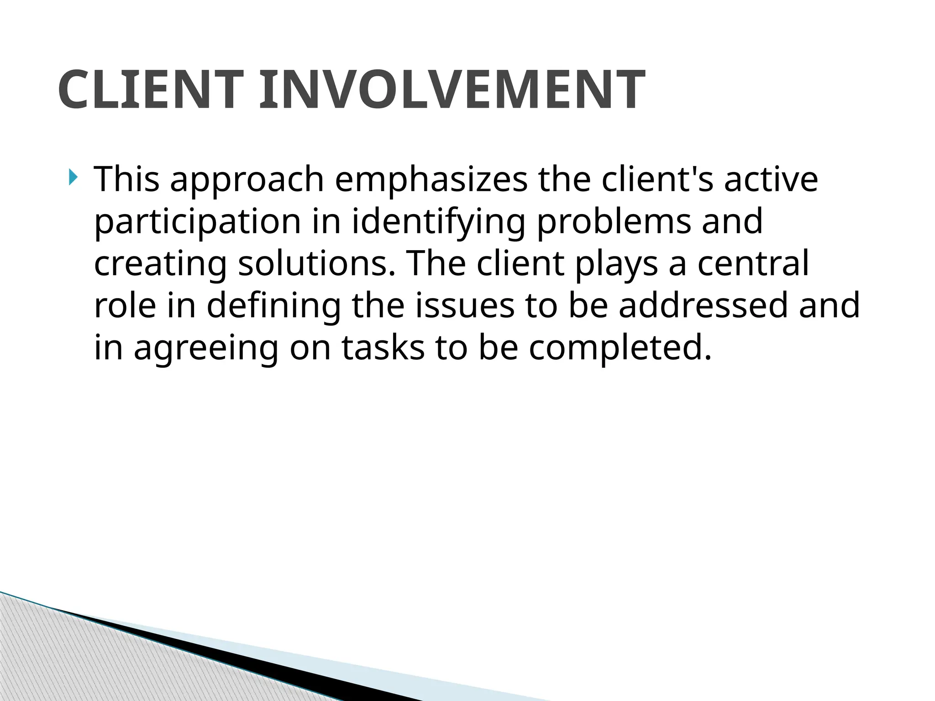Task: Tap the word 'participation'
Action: click(x=197, y=222)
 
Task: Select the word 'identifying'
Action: click(x=438, y=222)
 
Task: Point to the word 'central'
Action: click(x=753, y=264)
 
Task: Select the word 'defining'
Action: click(x=273, y=306)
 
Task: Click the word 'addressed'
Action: click(x=703, y=305)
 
